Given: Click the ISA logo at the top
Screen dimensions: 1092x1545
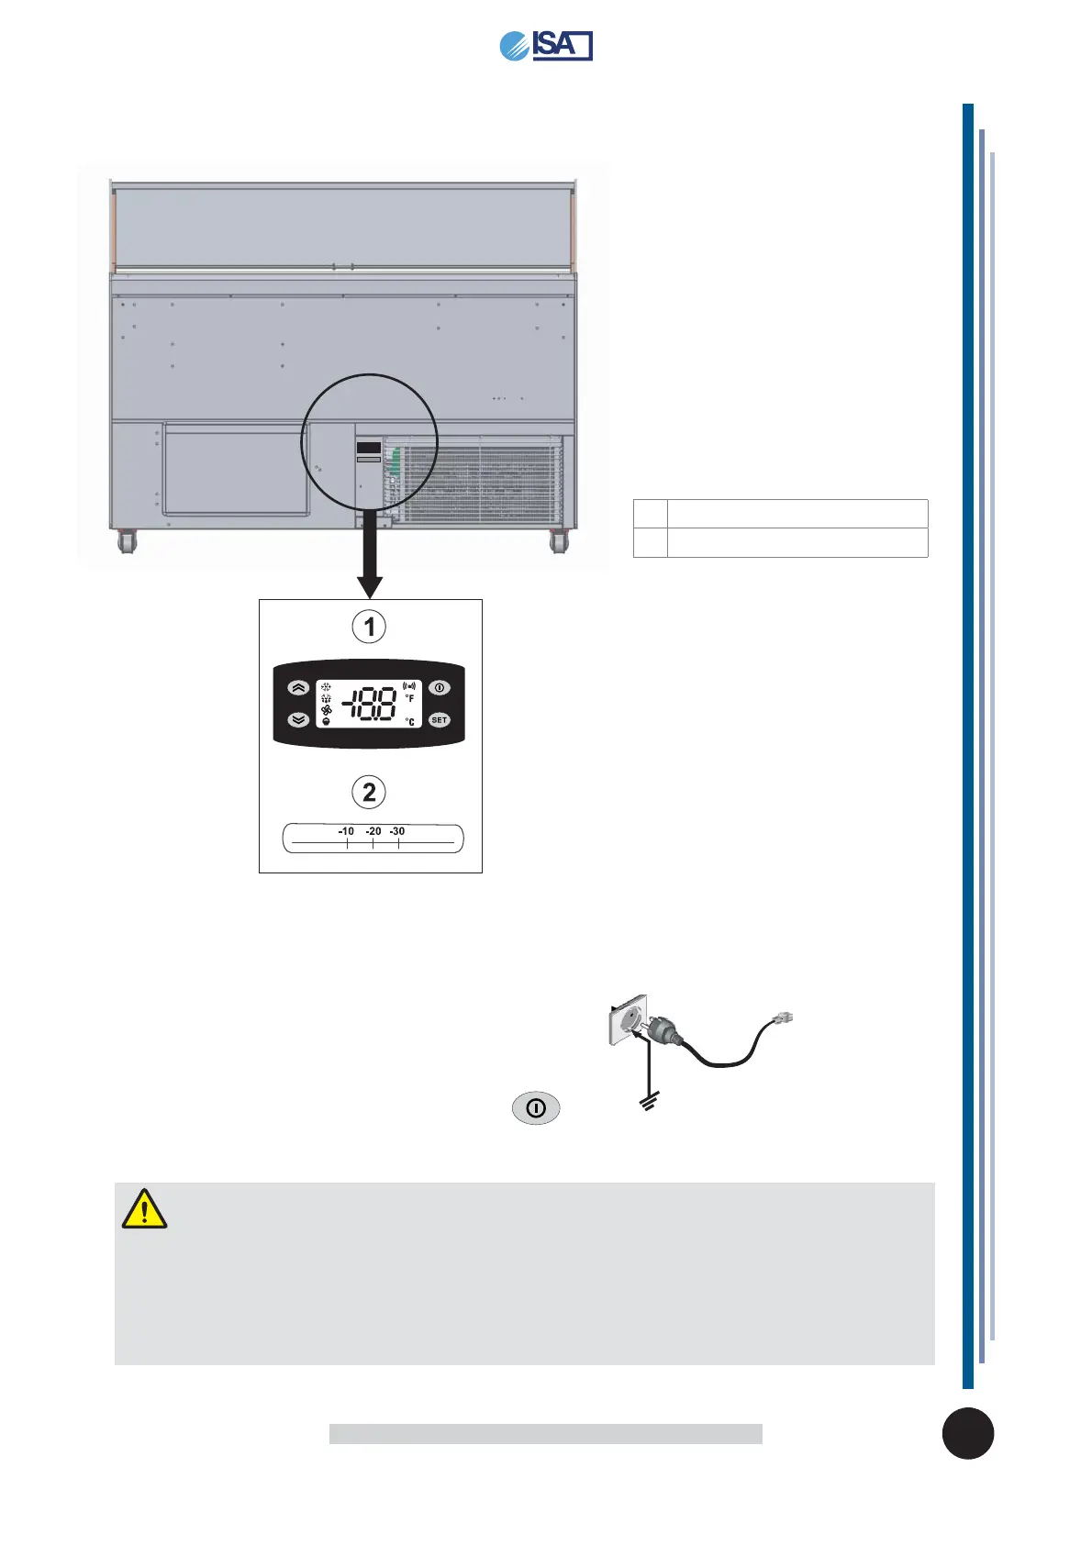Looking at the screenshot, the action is coord(546,45).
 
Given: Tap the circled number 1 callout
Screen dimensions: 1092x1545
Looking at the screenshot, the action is coord(369,627).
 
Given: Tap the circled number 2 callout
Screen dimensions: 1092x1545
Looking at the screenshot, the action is coord(369,792).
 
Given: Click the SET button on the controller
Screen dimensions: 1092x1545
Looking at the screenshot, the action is coord(440,720).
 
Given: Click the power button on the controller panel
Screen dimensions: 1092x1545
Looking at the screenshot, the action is coord(440,687).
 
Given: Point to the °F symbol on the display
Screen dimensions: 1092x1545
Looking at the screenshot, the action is coord(409,699).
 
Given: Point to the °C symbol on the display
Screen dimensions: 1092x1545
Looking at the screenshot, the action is coord(409,721).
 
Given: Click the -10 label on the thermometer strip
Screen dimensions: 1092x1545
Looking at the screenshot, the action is coord(346,831).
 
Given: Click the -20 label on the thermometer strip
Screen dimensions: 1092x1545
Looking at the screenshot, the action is coord(373,831).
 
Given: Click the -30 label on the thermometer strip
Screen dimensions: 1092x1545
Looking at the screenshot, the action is coord(397,831).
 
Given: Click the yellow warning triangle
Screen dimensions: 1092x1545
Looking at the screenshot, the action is coord(144,1209).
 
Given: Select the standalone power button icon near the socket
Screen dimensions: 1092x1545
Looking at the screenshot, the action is coord(536,1108).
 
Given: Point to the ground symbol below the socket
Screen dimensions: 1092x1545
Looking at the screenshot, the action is coord(649,1103).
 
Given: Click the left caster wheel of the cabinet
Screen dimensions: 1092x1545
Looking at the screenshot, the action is coord(127,542).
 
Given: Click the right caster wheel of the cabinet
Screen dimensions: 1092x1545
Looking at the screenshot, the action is coord(558,542).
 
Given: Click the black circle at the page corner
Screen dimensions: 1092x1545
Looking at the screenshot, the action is coord(967,1433).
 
